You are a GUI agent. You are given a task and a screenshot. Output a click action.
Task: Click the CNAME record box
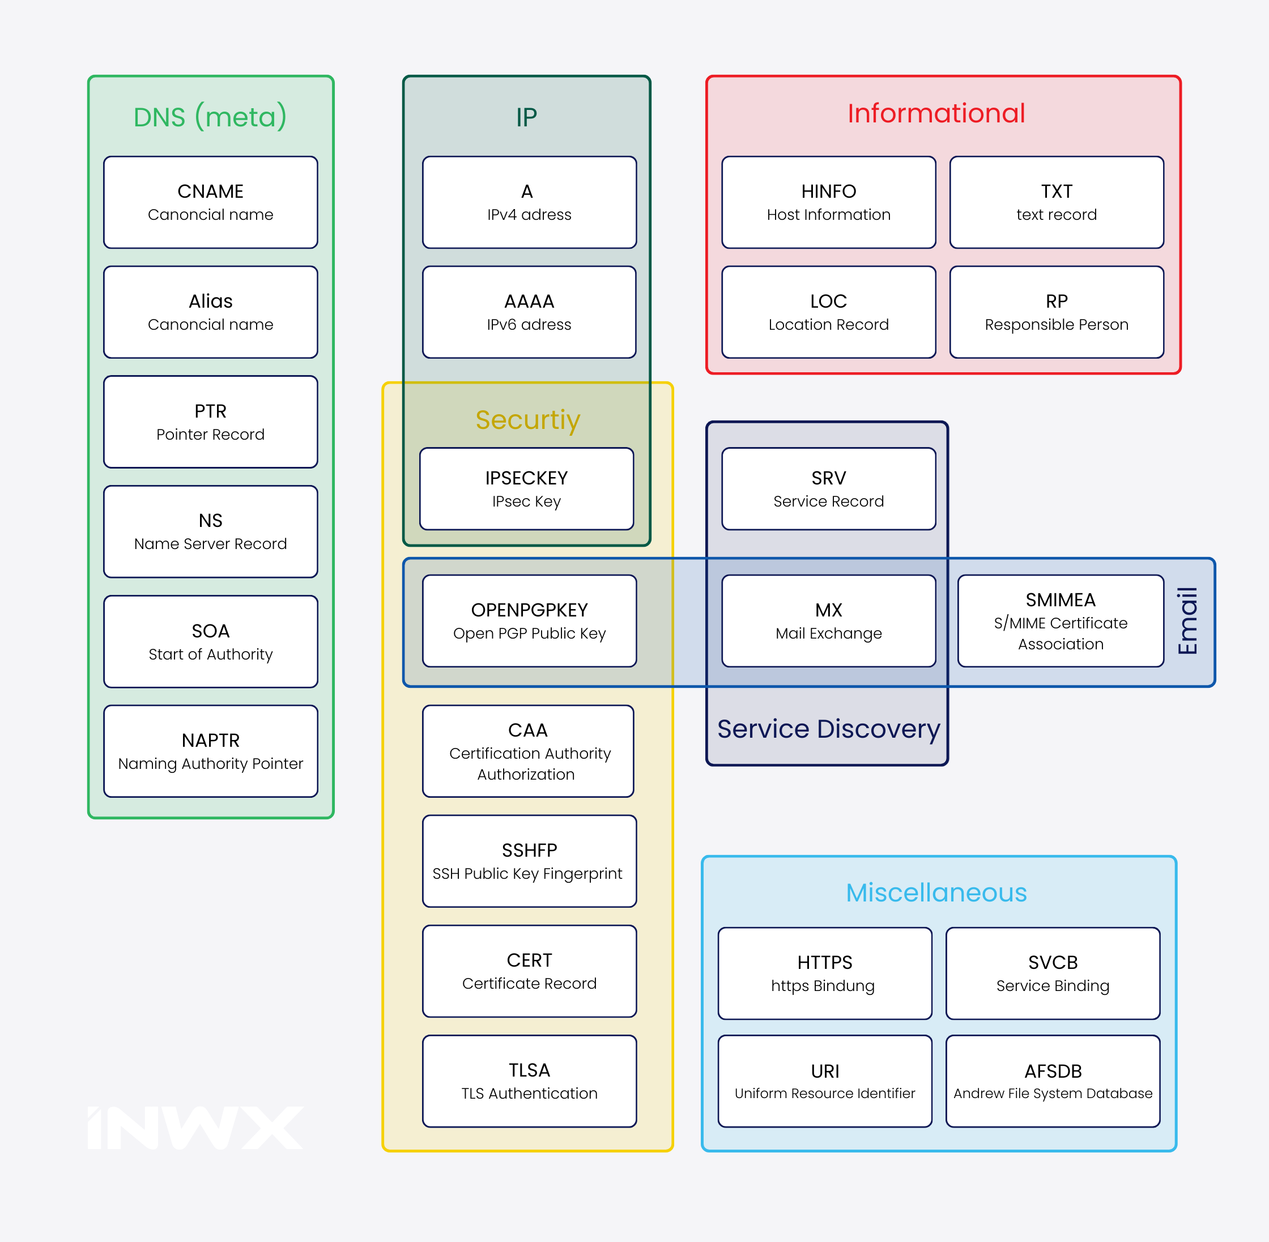pos(211,202)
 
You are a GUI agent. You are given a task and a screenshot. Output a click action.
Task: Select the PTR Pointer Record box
pos(211,422)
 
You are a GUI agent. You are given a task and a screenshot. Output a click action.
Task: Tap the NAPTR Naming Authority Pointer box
pos(211,751)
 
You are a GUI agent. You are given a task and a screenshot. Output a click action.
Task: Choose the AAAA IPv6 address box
pos(529,312)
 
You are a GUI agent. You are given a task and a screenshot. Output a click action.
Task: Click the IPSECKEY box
pos(526,488)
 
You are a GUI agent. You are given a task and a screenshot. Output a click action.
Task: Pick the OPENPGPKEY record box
pos(529,620)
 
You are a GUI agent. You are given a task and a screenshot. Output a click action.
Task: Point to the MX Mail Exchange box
pos(828,620)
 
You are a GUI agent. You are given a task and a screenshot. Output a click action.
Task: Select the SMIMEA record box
pos(1061,620)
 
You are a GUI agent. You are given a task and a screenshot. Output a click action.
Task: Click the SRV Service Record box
pos(828,488)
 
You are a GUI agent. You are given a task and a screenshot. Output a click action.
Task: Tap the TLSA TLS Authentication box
pos(529,1081)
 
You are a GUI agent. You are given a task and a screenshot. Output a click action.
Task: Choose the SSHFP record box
pos(529,861)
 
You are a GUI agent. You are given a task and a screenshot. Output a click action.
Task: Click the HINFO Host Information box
pos(828,202)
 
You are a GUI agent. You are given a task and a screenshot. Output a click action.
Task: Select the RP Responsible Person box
pos(1057,312)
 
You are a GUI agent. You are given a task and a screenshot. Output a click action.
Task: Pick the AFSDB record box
pos(1053,1081)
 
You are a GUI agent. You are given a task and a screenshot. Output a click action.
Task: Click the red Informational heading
pos(936,113)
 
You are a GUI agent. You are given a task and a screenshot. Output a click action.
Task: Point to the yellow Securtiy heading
pos(527,419)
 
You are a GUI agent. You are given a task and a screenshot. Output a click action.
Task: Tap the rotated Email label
pos(1187,621)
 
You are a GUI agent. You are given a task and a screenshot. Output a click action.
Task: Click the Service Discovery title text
pos(828,729)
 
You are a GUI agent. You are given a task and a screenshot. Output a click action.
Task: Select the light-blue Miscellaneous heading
pos(936,892)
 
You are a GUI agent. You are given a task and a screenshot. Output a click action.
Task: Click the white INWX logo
pos(195,1128)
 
